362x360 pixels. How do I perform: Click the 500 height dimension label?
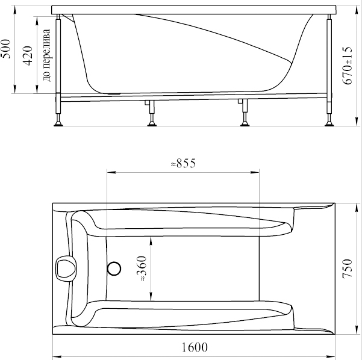pyautogui.click(x=5, y=49)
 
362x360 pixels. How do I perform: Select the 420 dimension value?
pyautogui.click(x=28, y=55)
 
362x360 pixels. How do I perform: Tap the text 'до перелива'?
pyautogui.click(x=46, y=55)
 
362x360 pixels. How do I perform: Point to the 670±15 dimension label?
pyautogui.click(x=347, y=66)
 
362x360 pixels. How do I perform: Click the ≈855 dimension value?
pyautogui.click(x=183, y=163)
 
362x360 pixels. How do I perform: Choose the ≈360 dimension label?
pyautogui.click(x=142, y=268)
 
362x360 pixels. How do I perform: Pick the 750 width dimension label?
pyautogui.click(x=347, y=268)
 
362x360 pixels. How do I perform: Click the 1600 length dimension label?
pyautogui.click(x=195, y=347)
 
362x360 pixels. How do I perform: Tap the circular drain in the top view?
pyautogui.click(x=114, y=268)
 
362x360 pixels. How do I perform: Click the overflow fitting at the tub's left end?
pyautogui.click(x=66, y=268)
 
